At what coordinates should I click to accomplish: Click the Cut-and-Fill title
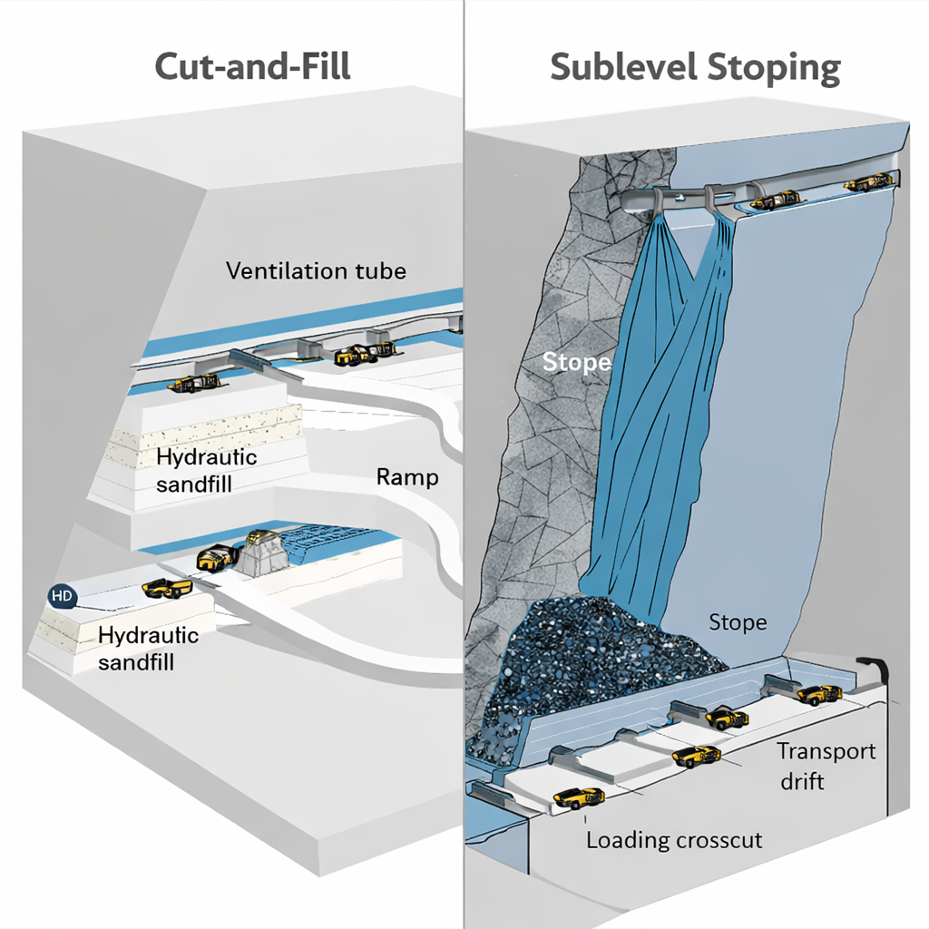(x=252, y=67)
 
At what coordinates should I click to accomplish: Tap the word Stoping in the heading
(x=777, y=69)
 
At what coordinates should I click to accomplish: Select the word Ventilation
(x=285, y=270)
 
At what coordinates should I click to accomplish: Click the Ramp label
(x=406, y=476)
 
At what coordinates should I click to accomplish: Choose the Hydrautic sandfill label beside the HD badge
(x=147, y=648)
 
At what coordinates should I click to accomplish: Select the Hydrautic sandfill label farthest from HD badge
(x=206, y=470)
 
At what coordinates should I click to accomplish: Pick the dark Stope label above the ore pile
(x=737, y=622)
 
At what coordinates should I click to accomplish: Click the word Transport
(x=826, y=752)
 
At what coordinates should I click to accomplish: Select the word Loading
(x=627, y=839)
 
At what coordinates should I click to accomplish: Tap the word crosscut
(x=718, y=839)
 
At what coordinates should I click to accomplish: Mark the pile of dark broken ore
(x=590, y=662)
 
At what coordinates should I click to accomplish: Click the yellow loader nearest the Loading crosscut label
(x=579, y=798)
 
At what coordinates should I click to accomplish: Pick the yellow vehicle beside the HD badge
(x=168, y=589)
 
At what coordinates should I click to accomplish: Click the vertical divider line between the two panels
(x=464, y=454)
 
